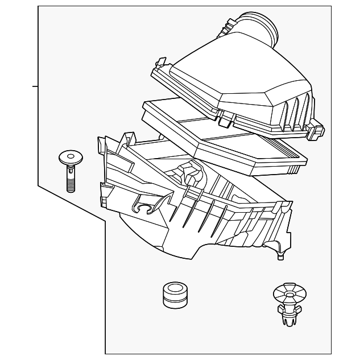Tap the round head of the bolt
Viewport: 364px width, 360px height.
(x=70, y=156)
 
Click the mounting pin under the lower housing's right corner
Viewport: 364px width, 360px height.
(x=280, y=255)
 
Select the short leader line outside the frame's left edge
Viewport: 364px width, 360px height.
(x=35, y=86)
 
